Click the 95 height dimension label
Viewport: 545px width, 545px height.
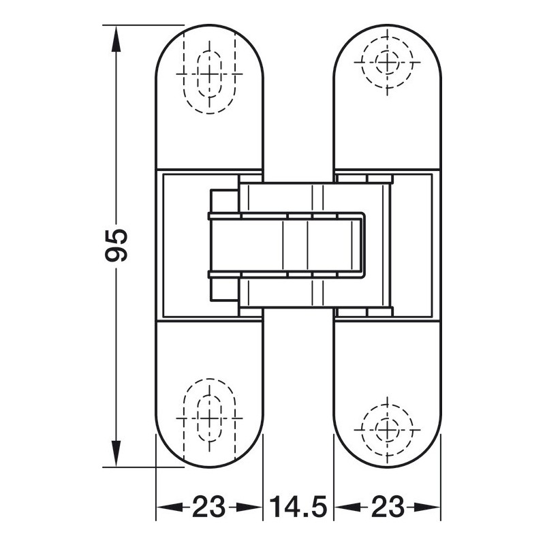click(116, 245)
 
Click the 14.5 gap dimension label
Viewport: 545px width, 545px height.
click(298, 507)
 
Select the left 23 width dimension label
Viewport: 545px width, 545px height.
click(209, 507)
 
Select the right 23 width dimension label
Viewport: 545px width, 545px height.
click(388, 507)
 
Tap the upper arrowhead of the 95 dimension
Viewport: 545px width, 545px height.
click(116, 39)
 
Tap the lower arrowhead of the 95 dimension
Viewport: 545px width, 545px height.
click(116, 453)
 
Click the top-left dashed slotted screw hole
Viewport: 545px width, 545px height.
click(209, 74)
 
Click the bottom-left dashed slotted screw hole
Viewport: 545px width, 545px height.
click(209, 418)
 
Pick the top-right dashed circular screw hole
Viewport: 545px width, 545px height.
click(387, 63)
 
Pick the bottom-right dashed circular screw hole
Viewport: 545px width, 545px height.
click(387, 430)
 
